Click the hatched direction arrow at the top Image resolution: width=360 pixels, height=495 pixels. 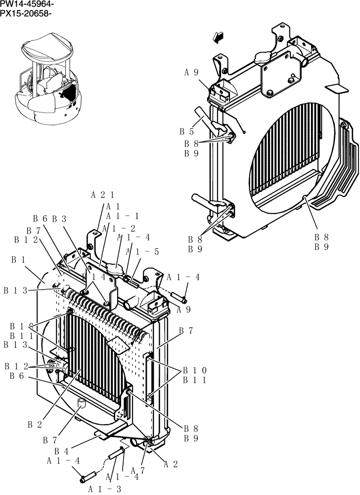(x=216, y=37)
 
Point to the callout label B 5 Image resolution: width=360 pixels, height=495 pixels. (x=186, y=132)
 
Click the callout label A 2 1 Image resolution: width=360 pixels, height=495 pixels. (x=103, y=195)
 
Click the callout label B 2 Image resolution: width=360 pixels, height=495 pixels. (x=34, y=425)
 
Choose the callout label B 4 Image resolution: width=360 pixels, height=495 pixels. (x=61, y=451)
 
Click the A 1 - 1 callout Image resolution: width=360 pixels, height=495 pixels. (x=120, y=216)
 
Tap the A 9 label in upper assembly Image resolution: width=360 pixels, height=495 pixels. (x=192, y=72)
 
